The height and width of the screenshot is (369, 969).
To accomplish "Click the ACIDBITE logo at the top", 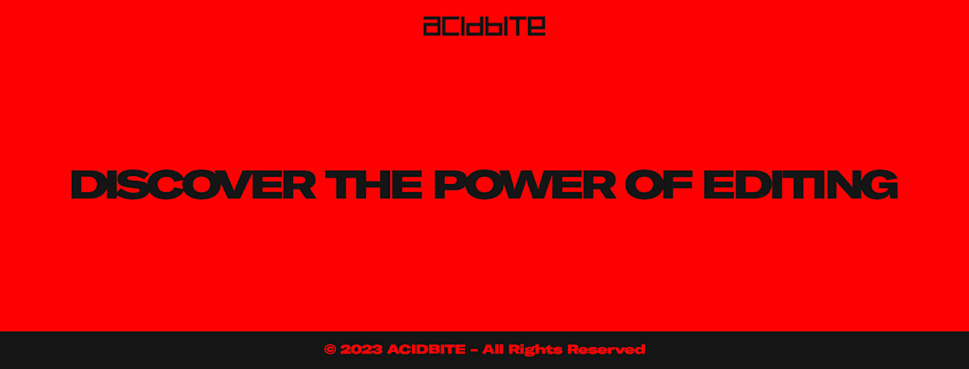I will [484, 26].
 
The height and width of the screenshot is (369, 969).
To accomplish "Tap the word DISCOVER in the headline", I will [194, 185].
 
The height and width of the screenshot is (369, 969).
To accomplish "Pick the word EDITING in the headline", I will [800, 185].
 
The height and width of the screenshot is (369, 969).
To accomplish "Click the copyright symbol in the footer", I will [329, 350].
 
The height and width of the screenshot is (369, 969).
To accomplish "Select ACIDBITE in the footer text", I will [426, 350].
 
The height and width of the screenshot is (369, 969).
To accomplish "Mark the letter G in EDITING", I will [882, 185].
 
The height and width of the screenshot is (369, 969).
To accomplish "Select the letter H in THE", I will [377, 185].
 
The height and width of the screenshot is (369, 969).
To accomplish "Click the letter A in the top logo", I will [432, 27].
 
